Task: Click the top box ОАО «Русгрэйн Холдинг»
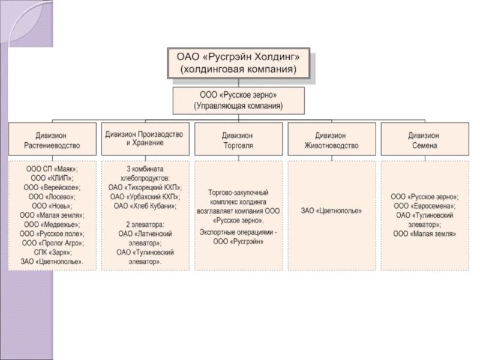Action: point(238,62)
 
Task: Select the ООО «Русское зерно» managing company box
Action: point(238,100)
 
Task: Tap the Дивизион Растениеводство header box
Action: point(52,140)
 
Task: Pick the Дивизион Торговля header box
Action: point(238,140)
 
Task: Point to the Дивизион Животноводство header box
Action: point(331,140)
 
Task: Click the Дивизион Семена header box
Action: point(424,140)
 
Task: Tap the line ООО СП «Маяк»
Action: point(52,169)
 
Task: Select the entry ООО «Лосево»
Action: point(52,196)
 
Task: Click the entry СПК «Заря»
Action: point(52,252)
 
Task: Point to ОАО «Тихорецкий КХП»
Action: point(145,187)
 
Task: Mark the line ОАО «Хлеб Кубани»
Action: point(145,206)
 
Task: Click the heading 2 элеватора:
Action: point(145,224)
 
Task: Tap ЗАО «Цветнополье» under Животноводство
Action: point(331,211)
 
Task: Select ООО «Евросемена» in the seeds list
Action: point(425,206)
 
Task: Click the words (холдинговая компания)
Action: point(238,70)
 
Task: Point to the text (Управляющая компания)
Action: point(238,106)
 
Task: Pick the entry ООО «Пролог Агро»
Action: point(52,243)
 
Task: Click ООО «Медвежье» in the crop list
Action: point(52,224)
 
